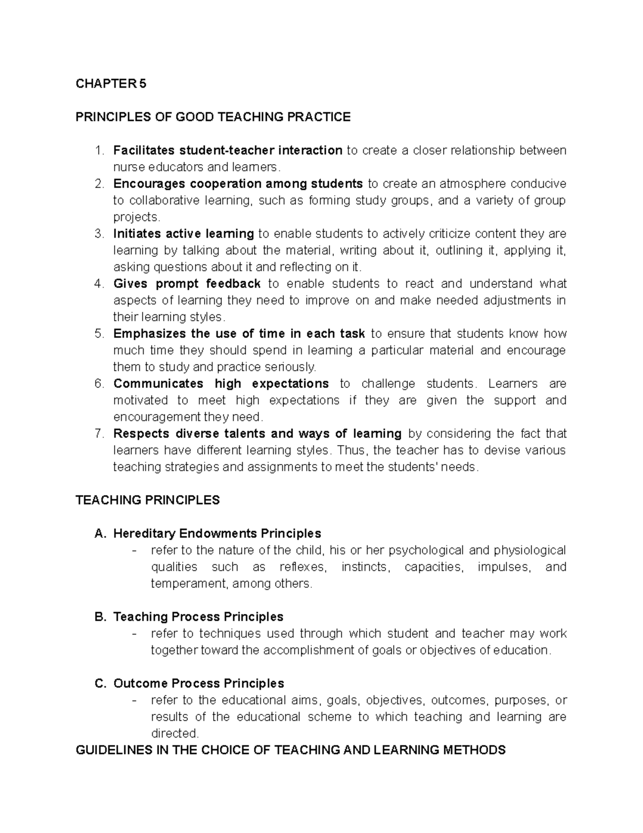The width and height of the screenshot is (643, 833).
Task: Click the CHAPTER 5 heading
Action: [x=110, y=84]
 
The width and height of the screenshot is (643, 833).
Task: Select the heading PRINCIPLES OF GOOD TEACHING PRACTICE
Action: [x=213, y=117]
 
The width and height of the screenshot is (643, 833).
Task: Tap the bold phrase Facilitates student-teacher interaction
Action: [x=228, y=150]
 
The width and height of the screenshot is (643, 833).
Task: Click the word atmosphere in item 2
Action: [x=473, y=183]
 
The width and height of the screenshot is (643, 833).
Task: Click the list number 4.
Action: [x=98, y=284]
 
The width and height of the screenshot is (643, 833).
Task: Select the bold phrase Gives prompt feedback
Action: [x=187, y=284]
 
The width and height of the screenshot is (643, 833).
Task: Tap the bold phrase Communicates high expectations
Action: [x=221, y=384]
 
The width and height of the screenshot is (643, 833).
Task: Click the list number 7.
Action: [x=98, y=433]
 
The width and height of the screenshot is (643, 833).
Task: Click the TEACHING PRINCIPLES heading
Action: [x=148, y=500]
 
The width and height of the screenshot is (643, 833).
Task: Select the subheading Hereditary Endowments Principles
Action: [x=217, y=533]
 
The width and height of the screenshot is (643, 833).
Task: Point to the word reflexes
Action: [x=302, y=567]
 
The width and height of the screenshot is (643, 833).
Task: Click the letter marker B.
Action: [x=99, y=617]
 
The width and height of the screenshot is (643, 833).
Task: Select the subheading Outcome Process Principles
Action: [x=198, y=683]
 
